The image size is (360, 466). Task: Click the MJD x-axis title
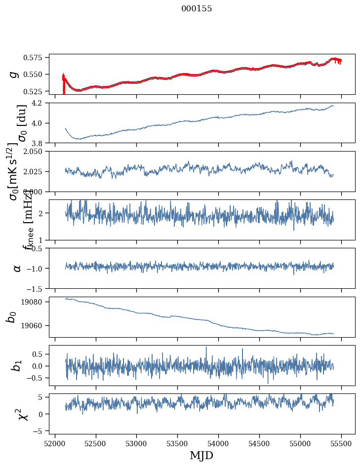(x=201, y=455)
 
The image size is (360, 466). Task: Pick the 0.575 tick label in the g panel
(x=36, y=58)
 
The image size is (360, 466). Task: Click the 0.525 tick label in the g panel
(x=36, y=91)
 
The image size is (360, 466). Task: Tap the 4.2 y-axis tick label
(x=40, y=103)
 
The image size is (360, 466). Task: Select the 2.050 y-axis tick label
(x=36, y=152)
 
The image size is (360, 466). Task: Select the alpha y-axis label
(x=17, y=268)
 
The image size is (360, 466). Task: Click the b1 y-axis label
(x=17, y=366)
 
